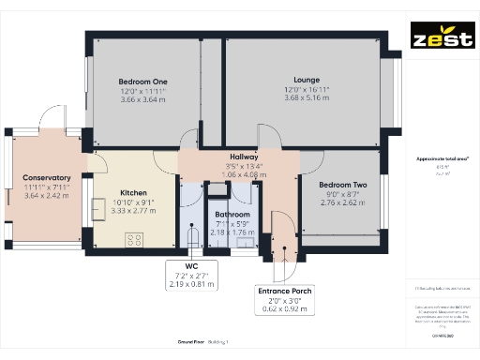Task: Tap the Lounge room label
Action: pyautogui.click(x=307, y=80)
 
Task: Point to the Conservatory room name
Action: pyautogui.click(x=47, y=178)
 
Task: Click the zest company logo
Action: pyautogui.click(x=441, y=40)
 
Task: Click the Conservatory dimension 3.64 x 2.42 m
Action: pyautogui.click(x=47, y=196)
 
